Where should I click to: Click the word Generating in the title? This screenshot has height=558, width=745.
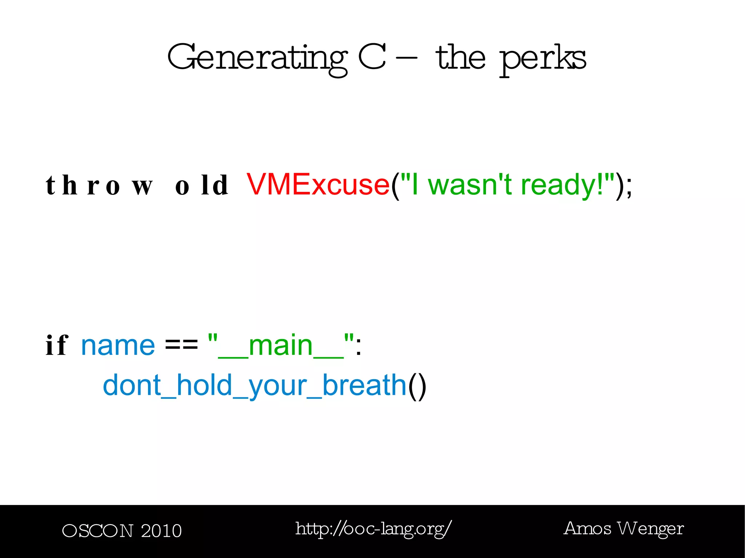258,58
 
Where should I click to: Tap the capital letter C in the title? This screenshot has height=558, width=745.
372,57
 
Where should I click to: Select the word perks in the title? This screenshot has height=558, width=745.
542,58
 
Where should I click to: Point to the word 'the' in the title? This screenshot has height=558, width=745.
461,57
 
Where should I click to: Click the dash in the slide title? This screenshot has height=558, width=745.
407,57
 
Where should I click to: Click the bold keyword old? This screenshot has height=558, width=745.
202,185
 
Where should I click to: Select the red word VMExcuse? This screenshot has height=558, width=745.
318,185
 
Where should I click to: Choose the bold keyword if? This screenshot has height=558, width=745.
57,345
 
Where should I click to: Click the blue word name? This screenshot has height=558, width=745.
118,346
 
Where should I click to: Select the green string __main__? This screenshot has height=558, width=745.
281,346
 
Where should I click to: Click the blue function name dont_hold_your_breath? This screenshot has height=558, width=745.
254,385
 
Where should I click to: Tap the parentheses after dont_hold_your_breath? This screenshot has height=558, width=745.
417,386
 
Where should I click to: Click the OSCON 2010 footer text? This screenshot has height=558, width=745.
122,531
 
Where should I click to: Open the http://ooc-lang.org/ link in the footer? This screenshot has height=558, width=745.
374,529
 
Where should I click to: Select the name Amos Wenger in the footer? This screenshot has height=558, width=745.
624,529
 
